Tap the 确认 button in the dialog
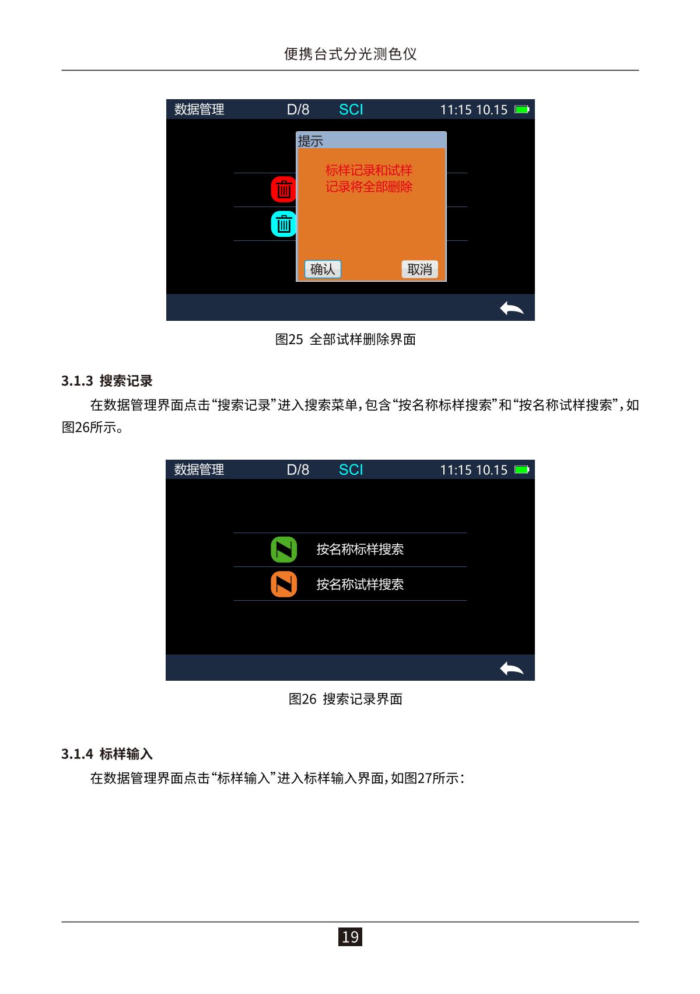tap(322, 269)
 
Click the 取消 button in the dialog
tap(419, 269)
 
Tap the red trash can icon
tap(283, 190)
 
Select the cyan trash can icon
tap(283, 223)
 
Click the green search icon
tap(283, 549)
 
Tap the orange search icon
tap(283, 584)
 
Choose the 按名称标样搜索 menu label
tap(360, 549)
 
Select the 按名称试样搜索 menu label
tap(360, 584)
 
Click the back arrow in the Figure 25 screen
tap(512, 308)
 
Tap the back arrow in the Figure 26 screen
tap(512, 668)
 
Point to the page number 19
tap(350, 936)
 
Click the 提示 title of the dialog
tap(310, 141)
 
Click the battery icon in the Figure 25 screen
tap(521, 109)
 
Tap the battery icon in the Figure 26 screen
tap(521, 470)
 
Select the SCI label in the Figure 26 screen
tap(351, 470)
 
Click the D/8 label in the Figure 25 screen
tap(298, 109)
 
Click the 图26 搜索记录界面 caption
tap(345, 699)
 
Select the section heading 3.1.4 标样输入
tap(107, 754)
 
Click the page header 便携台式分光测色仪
tap(350, 54)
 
